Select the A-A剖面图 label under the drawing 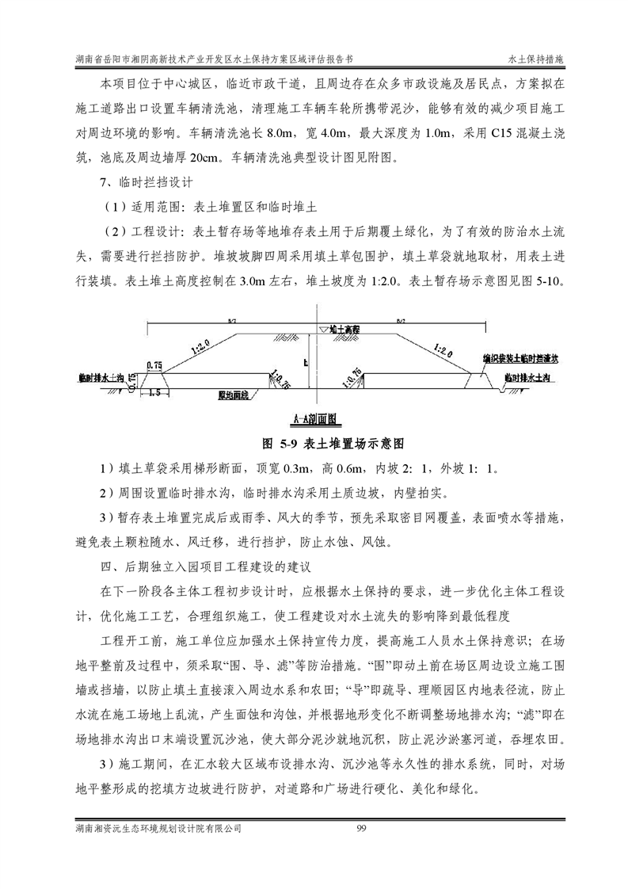click(x=314, y=418)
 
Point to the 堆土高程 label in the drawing click(x=347, y=328)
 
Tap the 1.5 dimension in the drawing click(x=155, y=391)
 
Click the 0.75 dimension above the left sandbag click(x=154, y=365)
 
